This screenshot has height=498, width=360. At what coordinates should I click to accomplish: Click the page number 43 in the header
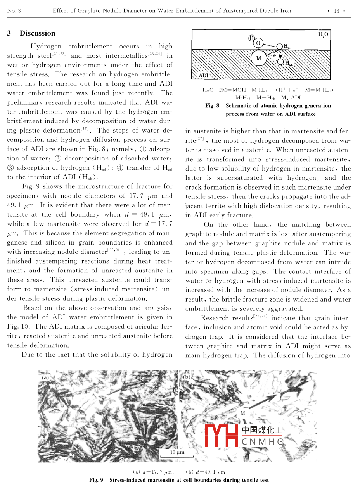point(336,11)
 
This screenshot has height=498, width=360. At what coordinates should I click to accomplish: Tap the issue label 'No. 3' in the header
point(14,11)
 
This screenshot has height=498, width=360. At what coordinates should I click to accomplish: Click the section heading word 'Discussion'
point(38,33)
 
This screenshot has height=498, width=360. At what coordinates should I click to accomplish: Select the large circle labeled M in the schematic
point(259,59)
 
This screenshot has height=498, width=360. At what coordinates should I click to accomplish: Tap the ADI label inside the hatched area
point(203,75)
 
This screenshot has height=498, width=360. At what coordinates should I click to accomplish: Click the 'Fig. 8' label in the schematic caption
point(213,105)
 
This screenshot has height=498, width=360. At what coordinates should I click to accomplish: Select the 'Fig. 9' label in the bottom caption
point(96,480)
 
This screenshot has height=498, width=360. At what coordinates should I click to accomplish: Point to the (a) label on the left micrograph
point(45,376)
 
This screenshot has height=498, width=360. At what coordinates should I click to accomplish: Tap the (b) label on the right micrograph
point(187,376)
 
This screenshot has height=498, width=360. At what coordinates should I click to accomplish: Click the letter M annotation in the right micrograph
point(242,413)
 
